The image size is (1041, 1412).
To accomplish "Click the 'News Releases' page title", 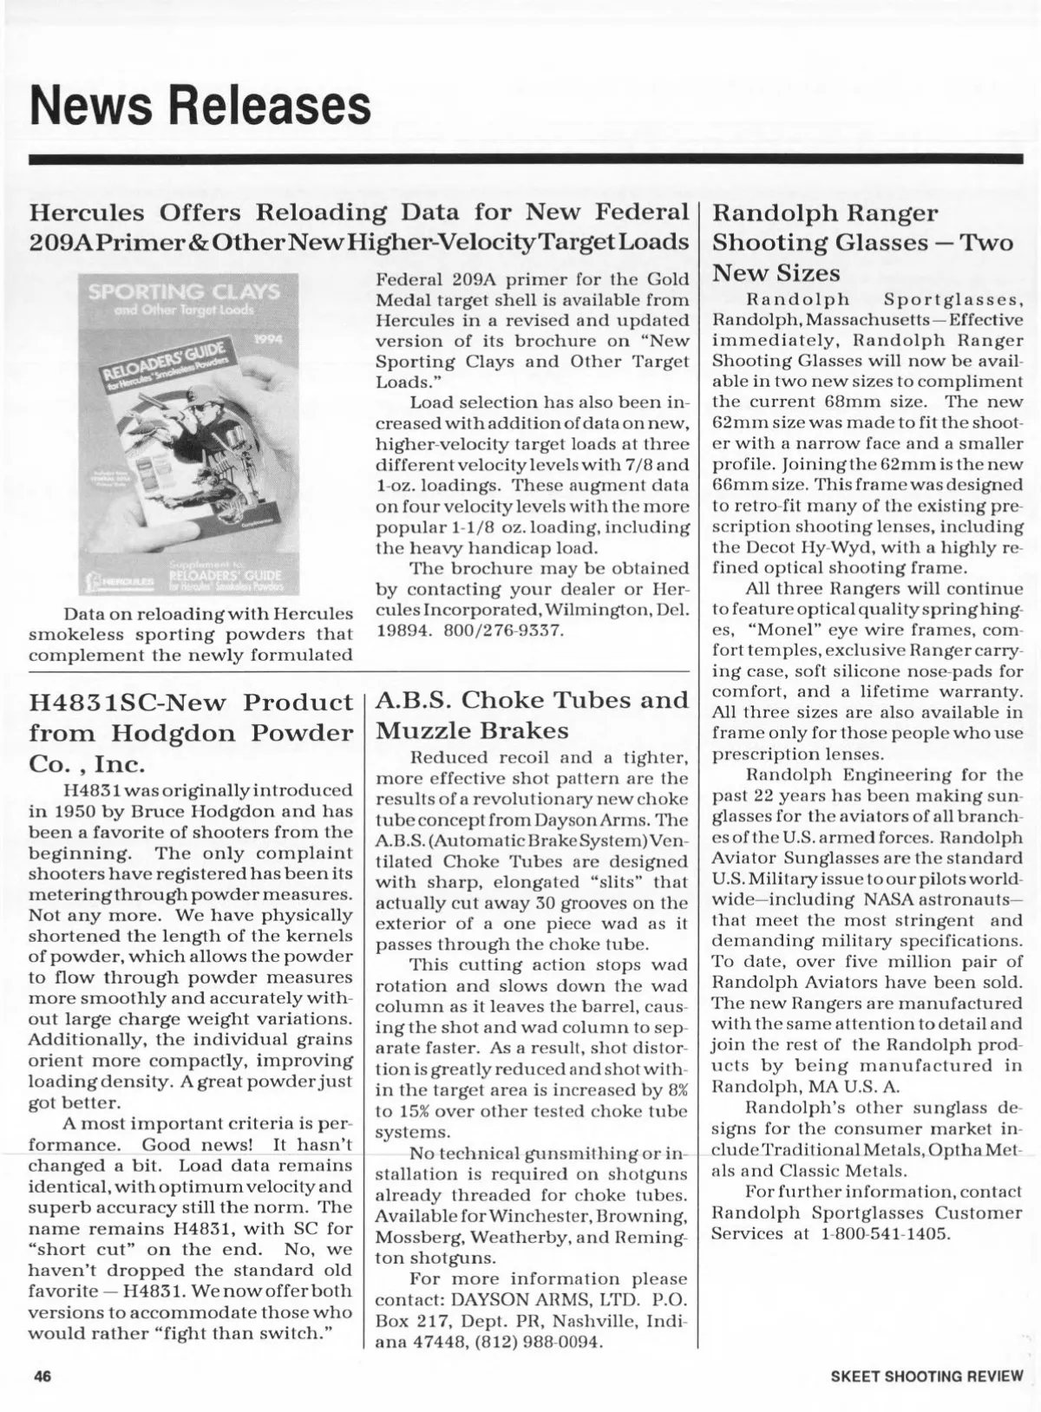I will pos(200,105).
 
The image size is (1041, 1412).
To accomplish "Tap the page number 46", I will pos(44,1376).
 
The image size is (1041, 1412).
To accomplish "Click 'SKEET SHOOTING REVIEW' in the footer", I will pos(926,1376).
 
